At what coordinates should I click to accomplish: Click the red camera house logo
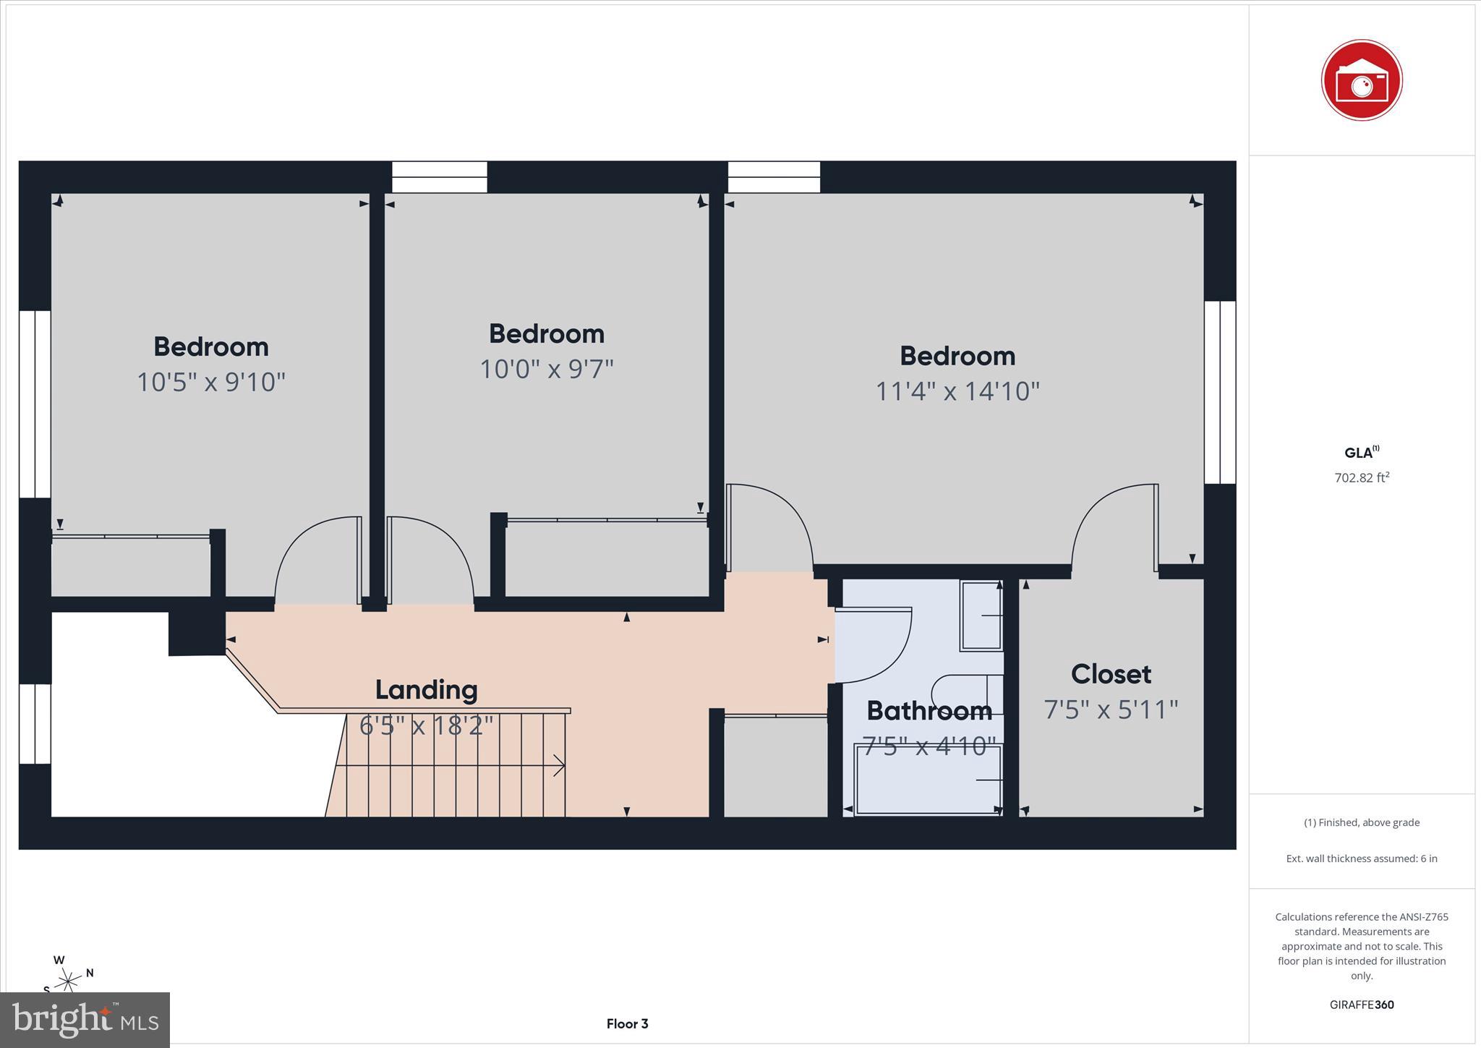(1361, 80)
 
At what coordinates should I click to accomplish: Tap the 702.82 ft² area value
(1361, 477)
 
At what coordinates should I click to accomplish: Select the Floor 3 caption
(627, 1023)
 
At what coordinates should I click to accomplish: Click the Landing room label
(426, 689)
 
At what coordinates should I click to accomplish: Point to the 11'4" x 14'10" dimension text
(957, 391)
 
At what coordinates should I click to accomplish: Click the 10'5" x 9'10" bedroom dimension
(211, 382)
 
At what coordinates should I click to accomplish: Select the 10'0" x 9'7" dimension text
(546, 369)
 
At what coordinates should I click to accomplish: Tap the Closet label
(1111, 674)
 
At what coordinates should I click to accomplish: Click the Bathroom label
(929, 711)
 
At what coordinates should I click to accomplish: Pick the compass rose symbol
(69, 981)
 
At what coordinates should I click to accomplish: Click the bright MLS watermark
(85, 1020)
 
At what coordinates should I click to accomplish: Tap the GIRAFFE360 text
(1361, 1005)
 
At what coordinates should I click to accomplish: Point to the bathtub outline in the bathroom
(928, 780)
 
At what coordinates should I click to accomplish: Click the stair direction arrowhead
(560, 765)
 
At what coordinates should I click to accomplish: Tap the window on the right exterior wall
(1219, 392)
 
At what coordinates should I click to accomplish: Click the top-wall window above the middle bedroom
(440, 176)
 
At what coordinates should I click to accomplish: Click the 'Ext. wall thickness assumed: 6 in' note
(1361, 859)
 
